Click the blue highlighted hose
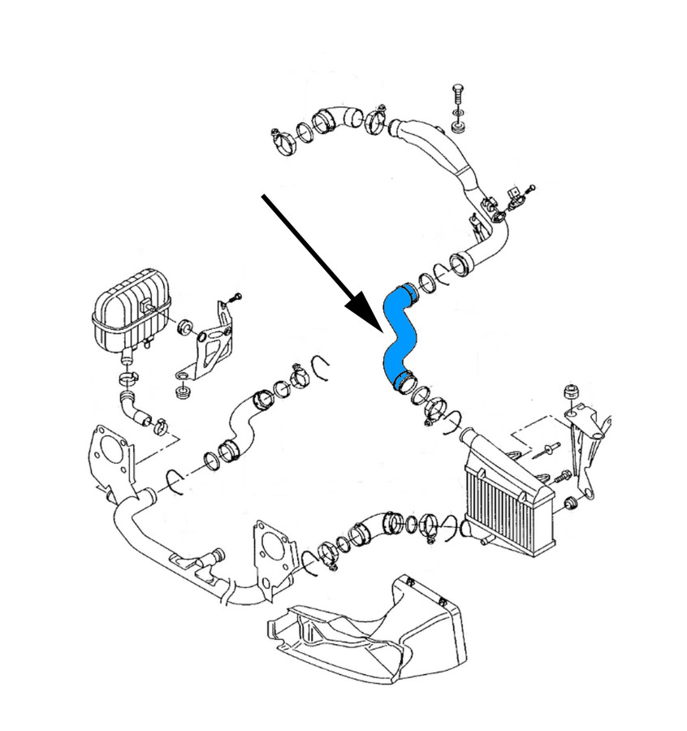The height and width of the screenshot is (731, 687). click(399, 333)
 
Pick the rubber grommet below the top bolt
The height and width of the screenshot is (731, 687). click(457, 127)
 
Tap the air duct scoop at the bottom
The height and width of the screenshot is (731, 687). click(374, 626)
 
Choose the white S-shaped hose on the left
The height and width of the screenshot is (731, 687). click(244, 422)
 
